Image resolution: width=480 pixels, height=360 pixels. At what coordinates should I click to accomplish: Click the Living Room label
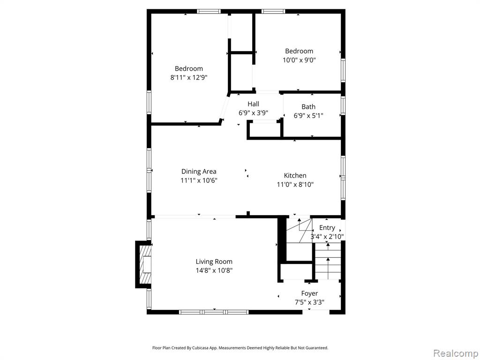click(x=214, y=262)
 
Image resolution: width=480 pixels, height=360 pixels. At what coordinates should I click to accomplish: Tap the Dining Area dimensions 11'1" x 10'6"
click(x=199, y=180)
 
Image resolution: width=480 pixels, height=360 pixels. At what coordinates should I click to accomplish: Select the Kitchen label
click(x=295, y=175)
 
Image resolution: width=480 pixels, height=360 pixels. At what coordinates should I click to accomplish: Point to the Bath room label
click(x=308, y=107)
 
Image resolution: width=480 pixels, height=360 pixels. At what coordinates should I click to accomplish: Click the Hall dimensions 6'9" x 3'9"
click(x=254, y=113)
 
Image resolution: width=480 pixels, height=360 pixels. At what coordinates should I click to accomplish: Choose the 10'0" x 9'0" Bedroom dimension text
click(x=299, y=60)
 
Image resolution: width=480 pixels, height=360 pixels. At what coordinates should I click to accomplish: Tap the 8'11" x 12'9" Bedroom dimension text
click(x=189, y=77)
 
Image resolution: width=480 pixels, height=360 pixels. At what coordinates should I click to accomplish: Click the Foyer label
click(x=309, y=293)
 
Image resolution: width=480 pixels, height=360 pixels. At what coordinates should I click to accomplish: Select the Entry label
click(x=327, y=228)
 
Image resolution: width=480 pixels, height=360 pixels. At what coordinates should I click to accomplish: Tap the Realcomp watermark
click(x=456, y=353)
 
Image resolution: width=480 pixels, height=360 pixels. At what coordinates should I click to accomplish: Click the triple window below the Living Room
click(x=214, y=312)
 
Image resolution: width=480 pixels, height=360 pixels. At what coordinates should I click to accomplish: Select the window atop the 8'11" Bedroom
click(x=209, y=11)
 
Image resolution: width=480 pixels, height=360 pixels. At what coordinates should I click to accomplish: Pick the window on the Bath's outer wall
click(x=343, y=105)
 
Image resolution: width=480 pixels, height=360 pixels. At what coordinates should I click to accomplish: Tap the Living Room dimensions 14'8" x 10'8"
click(x=214, y=270)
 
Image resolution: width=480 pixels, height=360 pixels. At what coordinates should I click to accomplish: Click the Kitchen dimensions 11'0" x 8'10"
click(x=295, y=185)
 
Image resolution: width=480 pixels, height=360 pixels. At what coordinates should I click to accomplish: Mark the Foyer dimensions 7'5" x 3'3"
click(x=309, y=303)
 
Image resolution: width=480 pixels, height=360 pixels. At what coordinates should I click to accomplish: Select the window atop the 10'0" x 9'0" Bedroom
click(x=273, y=11)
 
